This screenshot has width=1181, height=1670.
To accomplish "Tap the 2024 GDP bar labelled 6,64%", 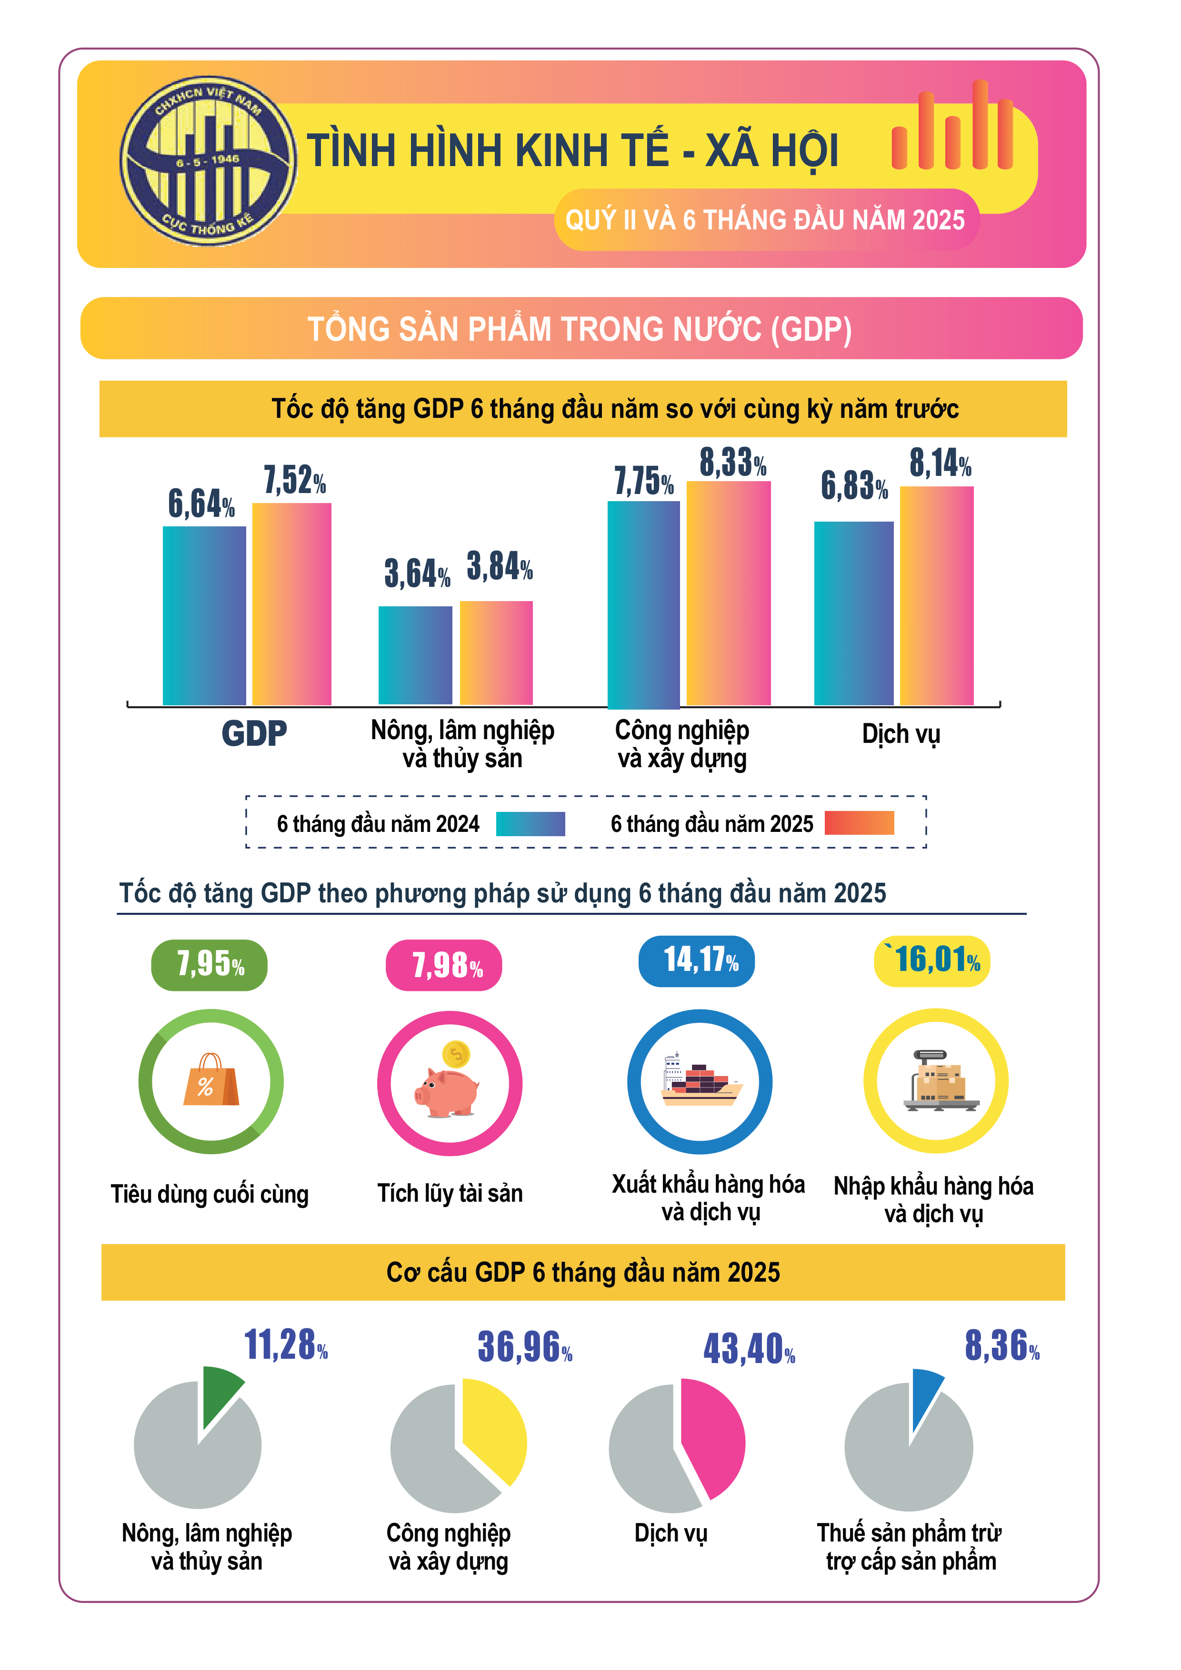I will click(x=204, y=615).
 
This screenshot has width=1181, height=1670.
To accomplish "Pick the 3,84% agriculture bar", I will click(x=496, y=652).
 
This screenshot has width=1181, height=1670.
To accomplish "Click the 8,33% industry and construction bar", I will click(x=729, y=593).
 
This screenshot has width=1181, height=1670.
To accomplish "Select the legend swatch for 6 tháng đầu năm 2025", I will click(x=860, y=823).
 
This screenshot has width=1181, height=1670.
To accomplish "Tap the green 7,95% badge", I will click(x=210, y=965).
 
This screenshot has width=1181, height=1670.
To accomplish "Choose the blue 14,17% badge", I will click(x=696, y=961).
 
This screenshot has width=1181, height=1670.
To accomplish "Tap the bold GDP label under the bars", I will click(x=254, y=733).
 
